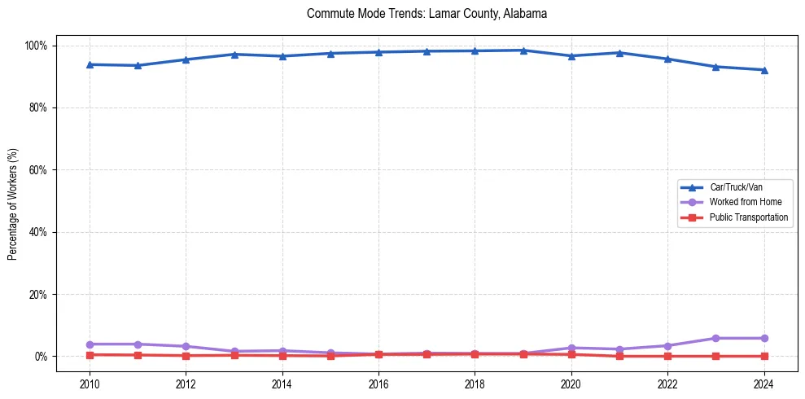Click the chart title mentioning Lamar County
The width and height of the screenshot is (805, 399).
427,14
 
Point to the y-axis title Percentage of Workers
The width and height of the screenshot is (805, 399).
13,204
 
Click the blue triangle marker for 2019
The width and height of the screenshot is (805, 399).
523,50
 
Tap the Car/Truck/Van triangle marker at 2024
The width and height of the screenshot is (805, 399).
764,70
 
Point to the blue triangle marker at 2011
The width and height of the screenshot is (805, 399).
138,65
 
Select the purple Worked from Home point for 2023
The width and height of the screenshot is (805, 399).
716,338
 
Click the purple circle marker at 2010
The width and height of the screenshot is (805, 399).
90,344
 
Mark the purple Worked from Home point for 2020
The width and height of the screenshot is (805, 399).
571,348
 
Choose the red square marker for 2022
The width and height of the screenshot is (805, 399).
668,356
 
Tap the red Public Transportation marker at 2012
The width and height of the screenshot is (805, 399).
186,356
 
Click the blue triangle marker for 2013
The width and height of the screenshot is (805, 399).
234,55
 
